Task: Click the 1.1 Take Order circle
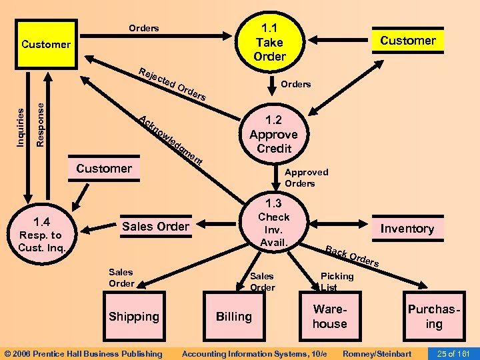coord(269,42)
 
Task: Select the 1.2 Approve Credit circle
coord(273,134)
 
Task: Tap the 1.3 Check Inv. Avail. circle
coord(273,223)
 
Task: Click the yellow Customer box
coord(46,45)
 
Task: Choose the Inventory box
coord(407,229)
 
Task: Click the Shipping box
coord(134,317)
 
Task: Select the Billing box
coord(233,317)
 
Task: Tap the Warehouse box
coord(330,317)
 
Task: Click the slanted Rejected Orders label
coord(173,85)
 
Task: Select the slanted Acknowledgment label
coord(171,141)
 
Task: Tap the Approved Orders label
coord(306,177)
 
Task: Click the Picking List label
coord(337,281)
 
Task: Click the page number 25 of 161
coord(453,353)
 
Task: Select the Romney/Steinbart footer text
coord(377,353)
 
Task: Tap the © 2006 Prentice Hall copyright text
coord(83,353)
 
